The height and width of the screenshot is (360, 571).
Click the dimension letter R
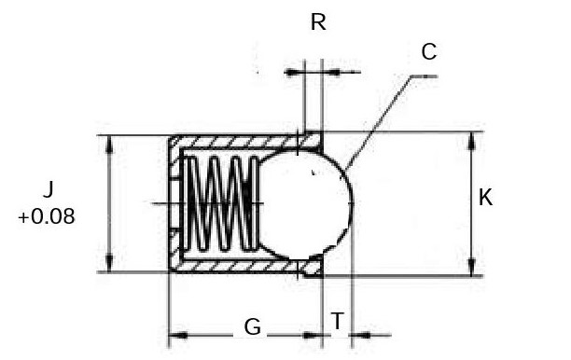click(x=318, y=22)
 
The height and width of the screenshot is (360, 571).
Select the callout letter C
click(x=428, y=52)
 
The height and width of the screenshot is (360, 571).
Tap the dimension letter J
click(x=47, y=191)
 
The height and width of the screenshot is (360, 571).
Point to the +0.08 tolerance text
click(x=46, y=216)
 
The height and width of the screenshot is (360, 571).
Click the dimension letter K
click(x=485, y=198)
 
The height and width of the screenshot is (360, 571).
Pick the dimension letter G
click(x=252, y=326)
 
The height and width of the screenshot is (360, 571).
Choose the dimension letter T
click(x=337, y=321)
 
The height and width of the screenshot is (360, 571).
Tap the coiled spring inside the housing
click(x=219, y=203)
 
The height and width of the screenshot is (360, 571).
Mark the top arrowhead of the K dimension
click(x=471, y=139)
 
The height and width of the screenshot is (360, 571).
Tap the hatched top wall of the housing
click(x=233, y=143)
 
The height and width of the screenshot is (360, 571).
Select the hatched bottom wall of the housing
click(x=233, y=266)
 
